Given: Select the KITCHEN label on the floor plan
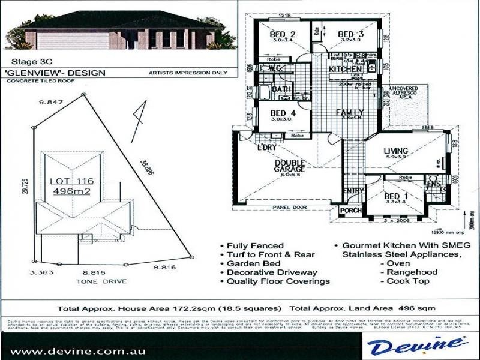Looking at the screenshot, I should pos(346,70).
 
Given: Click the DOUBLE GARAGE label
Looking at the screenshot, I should pos(289,165).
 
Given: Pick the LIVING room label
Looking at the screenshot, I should pos(397,150).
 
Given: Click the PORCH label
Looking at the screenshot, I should pos(350,211).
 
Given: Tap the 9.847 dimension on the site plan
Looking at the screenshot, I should pos(51,103).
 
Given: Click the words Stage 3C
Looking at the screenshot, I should pos(28,61).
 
